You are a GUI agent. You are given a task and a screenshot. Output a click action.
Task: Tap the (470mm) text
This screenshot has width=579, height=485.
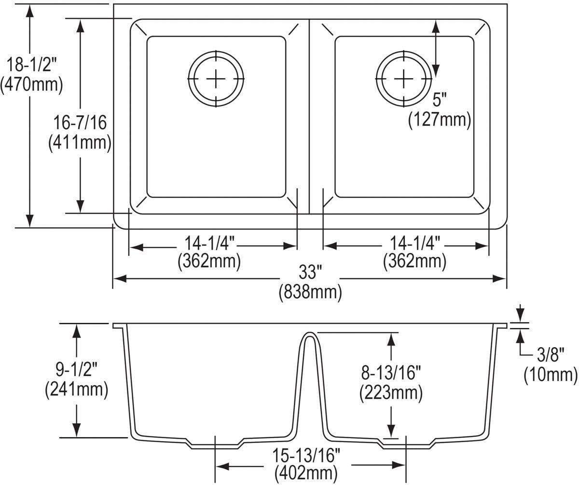click(x=31, y=85)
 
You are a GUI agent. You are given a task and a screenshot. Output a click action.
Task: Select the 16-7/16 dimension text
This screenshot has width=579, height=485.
click(x=80, y=122)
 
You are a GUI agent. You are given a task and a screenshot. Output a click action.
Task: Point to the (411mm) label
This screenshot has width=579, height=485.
click(x=80, y=143)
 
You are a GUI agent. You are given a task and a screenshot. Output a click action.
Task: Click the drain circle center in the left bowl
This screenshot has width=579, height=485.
click(x=216, y=78)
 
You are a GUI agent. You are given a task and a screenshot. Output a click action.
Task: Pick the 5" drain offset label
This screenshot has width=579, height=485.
click(x=439, y=100)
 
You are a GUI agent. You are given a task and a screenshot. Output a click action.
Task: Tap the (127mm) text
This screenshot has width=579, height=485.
click(x=439, y=120)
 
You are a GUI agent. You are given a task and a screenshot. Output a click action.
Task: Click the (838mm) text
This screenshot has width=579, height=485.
click(x=310, y=293)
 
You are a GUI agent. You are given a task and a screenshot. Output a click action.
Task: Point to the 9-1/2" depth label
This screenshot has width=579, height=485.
click(x=76, y=370)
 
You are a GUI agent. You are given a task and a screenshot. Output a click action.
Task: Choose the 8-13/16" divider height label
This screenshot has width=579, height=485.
click(x=391, y=374)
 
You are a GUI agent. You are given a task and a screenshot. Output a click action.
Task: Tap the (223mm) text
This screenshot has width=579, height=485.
click(x=391, y=393)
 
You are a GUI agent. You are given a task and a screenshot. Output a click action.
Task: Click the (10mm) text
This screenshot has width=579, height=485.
click(x=551, y=375)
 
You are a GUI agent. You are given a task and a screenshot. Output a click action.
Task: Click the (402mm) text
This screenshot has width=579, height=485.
click(x=306, y=473)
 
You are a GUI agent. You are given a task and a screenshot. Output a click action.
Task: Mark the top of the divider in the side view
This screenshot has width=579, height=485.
click(x=309, y=333)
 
